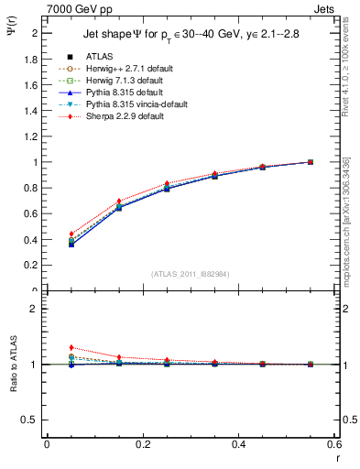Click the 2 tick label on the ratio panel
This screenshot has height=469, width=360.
(x=34, y=309)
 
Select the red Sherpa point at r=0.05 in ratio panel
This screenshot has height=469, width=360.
(x=71, y=347)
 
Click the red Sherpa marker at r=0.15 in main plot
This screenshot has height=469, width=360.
(x=119, y=201)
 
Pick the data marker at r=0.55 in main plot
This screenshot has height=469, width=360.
(x=311, y=162)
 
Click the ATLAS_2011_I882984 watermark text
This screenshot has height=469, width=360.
(x=190, y=274)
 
